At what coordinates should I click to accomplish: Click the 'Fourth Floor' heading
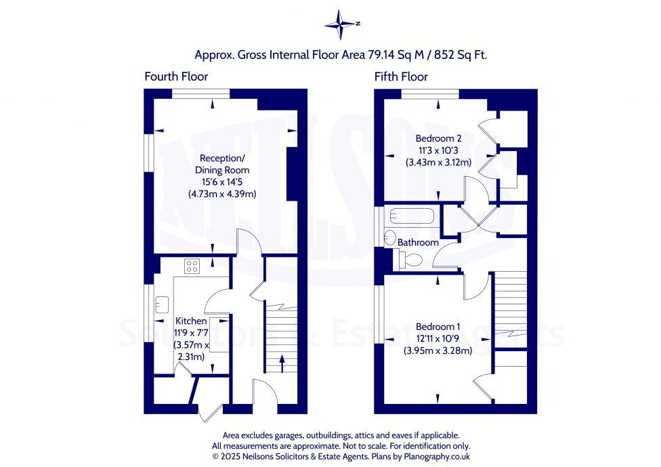pos(176,77)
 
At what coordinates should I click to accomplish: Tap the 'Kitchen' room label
pos(191,321)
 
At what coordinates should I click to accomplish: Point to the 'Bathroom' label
pos(418,242)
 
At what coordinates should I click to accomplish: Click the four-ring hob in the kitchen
pos(192,266)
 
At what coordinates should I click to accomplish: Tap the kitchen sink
pos(162,302)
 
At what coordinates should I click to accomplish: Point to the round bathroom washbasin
pos(389,237)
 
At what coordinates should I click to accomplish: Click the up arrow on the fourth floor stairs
pos(282,367)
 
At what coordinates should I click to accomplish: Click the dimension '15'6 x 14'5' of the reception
pos(222,182)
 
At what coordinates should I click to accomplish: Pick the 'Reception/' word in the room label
pos(222,158)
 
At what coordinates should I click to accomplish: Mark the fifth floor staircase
pos(511,309)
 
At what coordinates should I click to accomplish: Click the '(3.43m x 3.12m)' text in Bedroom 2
pos(438,162)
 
